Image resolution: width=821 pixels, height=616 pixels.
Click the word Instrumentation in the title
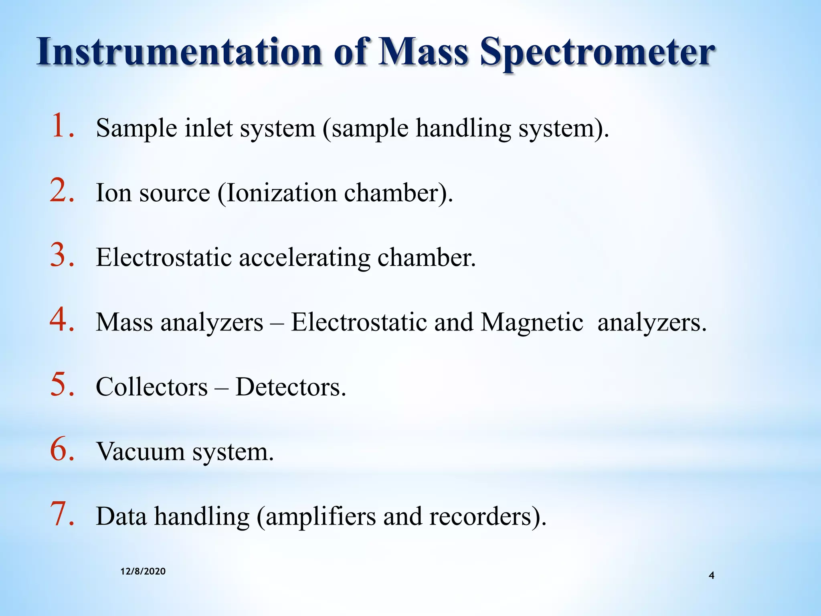179,52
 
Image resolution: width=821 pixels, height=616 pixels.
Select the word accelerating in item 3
305,258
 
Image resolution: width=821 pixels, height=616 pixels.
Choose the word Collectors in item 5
152,387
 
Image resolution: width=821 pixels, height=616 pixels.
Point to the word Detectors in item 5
290,387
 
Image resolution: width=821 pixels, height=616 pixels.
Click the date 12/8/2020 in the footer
143,571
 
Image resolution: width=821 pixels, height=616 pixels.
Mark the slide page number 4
712,576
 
